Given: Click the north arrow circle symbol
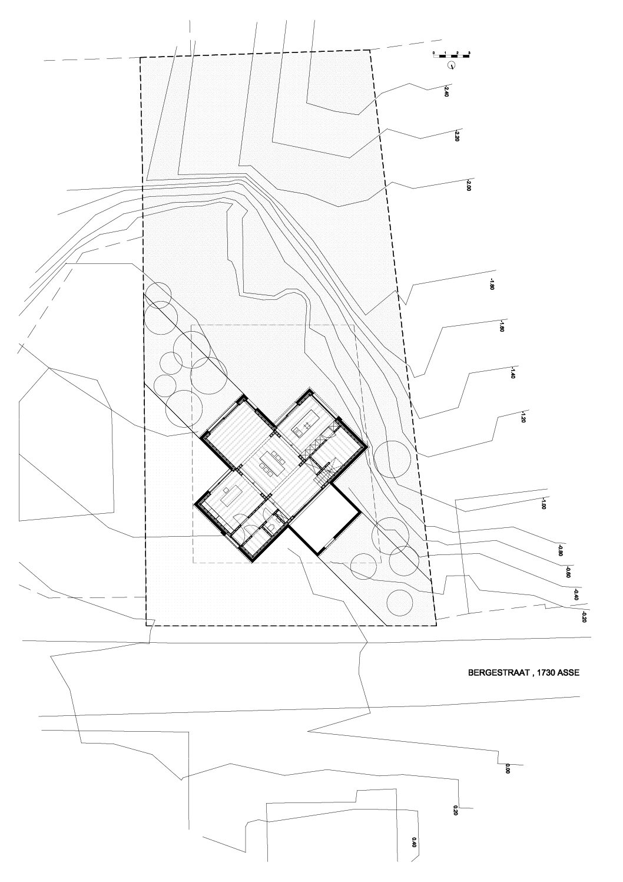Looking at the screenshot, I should (x=452, y=65).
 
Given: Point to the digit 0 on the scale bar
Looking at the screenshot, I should (x=434, y=54).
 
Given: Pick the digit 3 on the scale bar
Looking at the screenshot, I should (x=469, y=54).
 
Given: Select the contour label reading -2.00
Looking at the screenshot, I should (x=469, y=186).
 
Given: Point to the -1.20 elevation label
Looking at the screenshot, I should (x=522, y=418).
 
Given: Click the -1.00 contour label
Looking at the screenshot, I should (x=543, y=503).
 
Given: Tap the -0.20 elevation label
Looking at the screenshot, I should (x=584, y=617).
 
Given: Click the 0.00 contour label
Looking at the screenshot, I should (x=507, y=768).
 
